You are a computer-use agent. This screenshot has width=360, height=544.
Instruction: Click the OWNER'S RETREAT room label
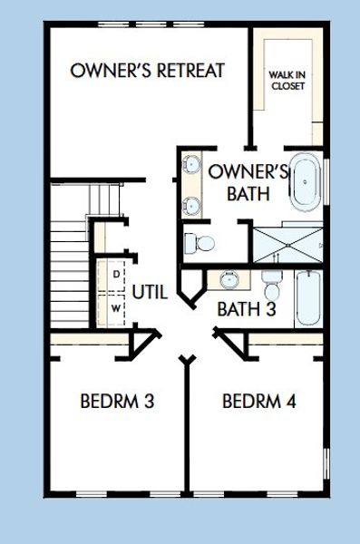[x=147, y=71]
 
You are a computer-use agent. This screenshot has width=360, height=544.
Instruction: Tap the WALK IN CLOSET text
[x=287, y=80]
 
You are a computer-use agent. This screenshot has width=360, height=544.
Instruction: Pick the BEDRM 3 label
[x=114, y=400]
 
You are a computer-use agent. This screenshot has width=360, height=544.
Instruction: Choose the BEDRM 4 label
[x=258, y=400]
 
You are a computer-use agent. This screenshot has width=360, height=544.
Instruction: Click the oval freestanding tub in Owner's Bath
[x=306, y=182]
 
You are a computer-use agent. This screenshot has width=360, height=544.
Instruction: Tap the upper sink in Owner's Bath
[x=190, y=166]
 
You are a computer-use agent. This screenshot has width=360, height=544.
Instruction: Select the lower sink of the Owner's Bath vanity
[x=190, y=204]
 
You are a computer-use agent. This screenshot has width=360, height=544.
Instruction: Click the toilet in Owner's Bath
[x=199, y=243]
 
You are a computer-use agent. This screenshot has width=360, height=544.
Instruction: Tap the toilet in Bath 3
[x=271, y=286]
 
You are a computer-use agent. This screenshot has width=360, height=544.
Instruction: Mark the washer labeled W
[x=116, y=308]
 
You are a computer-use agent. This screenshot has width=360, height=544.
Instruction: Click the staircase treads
[x=69, y=263]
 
